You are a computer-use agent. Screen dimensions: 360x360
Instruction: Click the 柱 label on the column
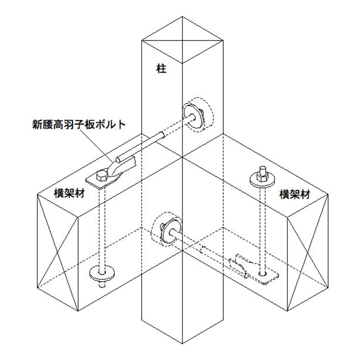(162, 68)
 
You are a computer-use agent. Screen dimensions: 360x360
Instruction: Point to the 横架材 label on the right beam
(295, 194)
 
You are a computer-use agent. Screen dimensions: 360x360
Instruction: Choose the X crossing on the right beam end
(308, 252)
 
